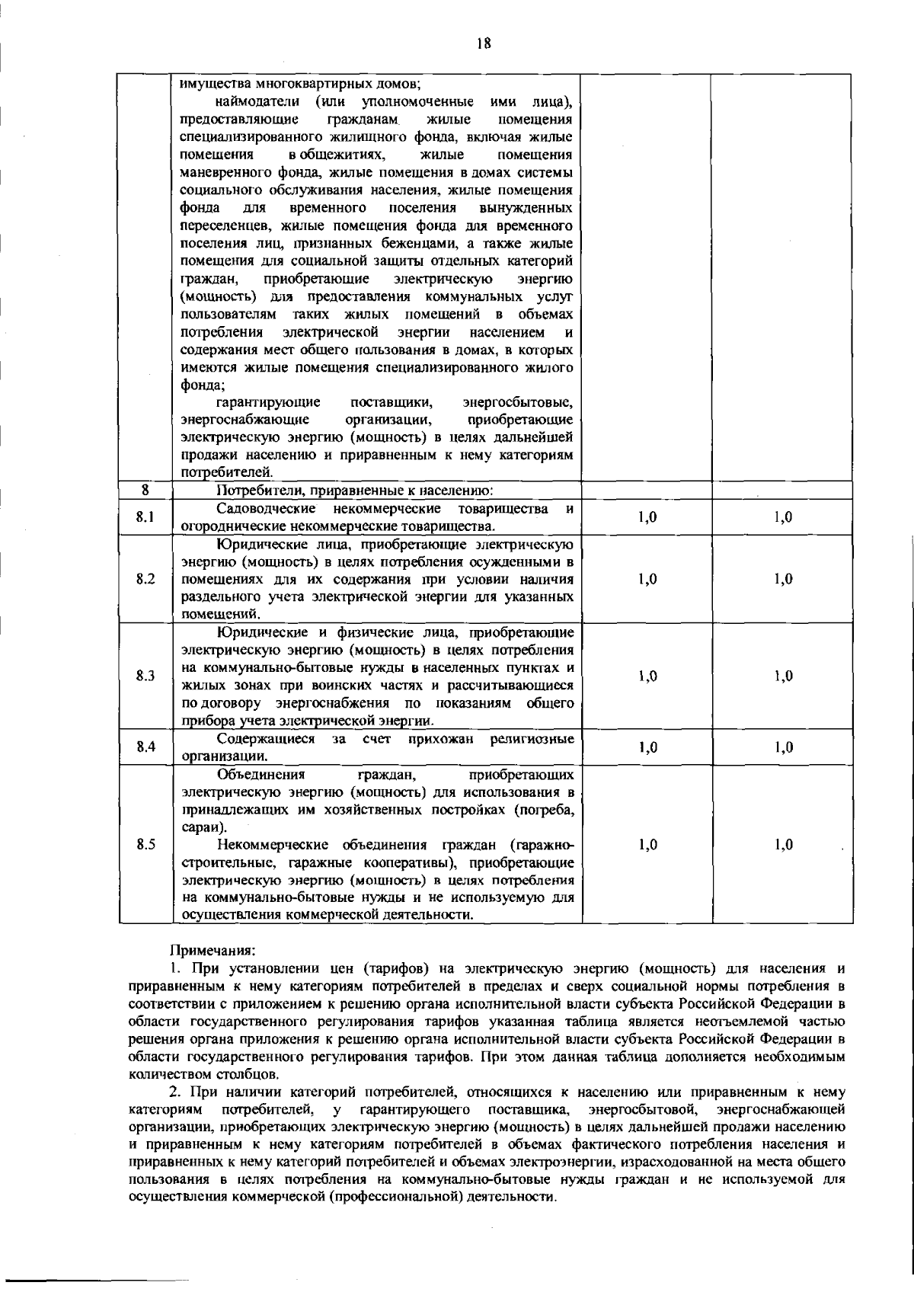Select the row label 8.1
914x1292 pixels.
(x=145, y=517)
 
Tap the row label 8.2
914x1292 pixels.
(x=145, y=579)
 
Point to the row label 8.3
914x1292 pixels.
(x=145, y=676)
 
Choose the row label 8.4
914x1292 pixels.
(x=145, y=747)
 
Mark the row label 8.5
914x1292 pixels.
(x=145, y=844)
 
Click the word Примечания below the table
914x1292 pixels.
(x=213, y=951)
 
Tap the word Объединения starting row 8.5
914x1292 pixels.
(x=260, y=776)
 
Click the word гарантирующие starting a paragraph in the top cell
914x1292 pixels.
(x=267, y=401)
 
